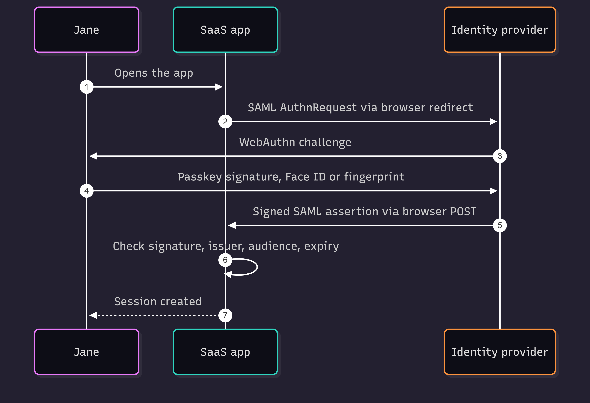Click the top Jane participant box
[87, 30]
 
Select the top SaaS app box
[225, 30]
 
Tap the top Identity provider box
[500, 30]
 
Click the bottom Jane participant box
[87, 352]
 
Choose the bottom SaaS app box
[225, 352]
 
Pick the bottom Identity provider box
[500, 352]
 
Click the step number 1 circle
[87, 87]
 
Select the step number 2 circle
[225, 121]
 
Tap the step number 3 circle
[500, 156]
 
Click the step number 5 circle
[500, 225]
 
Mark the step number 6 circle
[225, 260]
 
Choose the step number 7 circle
[225, 315]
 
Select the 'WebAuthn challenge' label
[295, 142]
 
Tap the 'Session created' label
[158, 301]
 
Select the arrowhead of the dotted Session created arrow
[93, 315]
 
